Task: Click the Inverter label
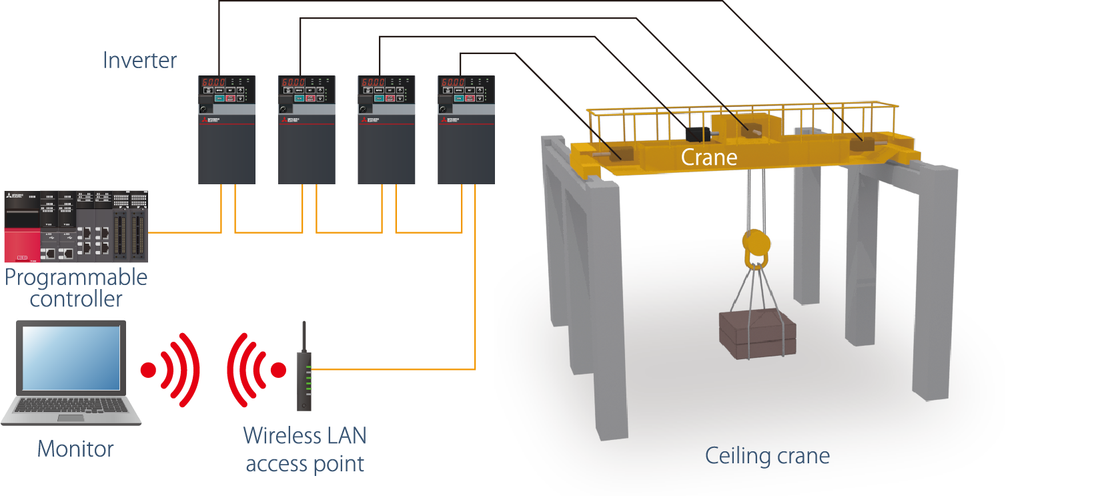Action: tap(139, 60)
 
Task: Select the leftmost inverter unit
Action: tap(227, 130)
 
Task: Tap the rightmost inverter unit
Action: tap(466, 130)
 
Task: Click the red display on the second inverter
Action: tap(294, 82)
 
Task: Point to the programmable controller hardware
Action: tap(76, 227)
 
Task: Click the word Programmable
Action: tap(76, 277)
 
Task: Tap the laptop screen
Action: tap(71, 358)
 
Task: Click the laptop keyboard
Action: tap(71, 405)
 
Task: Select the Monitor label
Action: tap(75, 449)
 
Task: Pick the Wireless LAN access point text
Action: tap(305, 449)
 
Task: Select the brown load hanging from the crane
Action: tap(757, 334)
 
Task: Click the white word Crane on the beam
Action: tap(709, 158)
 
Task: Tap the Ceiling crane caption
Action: tap(767, 456)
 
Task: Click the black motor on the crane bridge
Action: tap(698, 134)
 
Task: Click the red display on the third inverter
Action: tap(373, 82)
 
